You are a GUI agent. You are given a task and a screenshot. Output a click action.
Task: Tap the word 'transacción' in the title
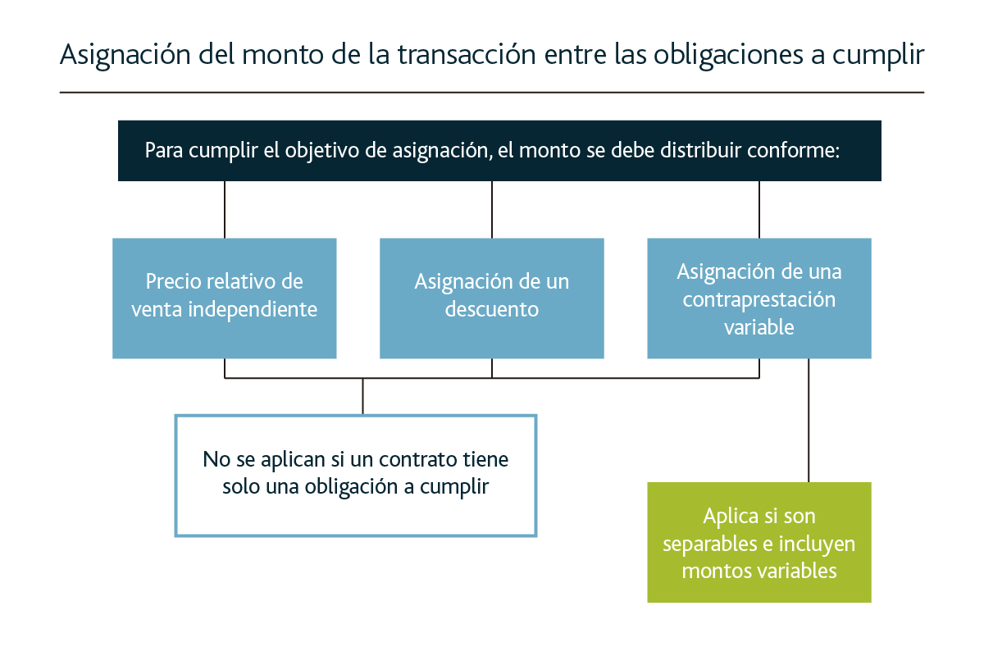click(467, 54)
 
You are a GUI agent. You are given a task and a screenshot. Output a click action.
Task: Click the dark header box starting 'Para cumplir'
click(499, 151)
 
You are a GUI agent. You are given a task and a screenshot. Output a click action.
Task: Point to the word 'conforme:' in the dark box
click(794, 150)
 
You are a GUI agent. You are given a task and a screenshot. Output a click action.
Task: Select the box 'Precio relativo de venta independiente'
click(225, 298)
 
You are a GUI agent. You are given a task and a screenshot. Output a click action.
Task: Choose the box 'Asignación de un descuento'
click(491, 298)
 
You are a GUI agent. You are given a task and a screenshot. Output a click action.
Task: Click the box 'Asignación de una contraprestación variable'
click(759, 298)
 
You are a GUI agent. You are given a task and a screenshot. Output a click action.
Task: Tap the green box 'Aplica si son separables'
click(759, 542)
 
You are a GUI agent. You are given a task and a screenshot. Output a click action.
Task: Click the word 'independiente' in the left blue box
click(253, 310)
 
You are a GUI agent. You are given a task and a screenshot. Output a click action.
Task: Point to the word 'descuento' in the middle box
click(491, 309)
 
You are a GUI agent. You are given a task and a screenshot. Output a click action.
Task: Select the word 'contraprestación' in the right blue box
click(759, 300)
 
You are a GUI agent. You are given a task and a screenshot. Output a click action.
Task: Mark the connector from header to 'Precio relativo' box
click(225, 210)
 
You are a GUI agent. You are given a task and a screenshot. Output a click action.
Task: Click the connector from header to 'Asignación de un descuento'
click(491, 210)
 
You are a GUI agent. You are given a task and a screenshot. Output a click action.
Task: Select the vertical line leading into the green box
click(809, 420)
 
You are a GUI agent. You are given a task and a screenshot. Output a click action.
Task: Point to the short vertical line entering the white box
click(362, 396)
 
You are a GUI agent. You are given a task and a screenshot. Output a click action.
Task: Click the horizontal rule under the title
click(492, 93)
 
